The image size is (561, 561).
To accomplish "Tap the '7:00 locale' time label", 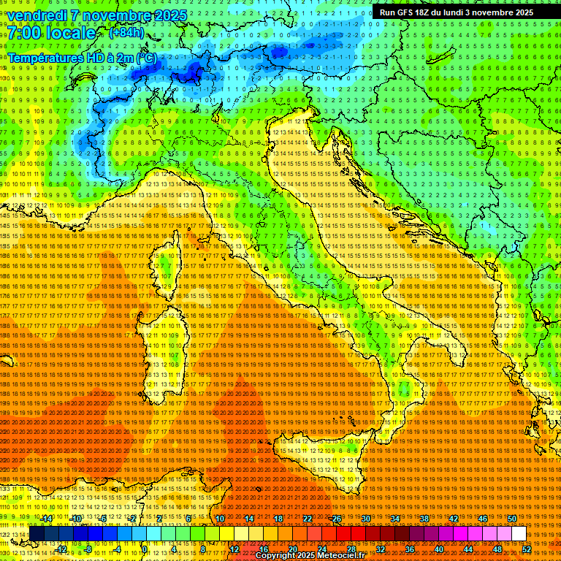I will click(x=51, y=33).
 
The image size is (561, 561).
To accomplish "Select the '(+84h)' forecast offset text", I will click(x=126, y=33).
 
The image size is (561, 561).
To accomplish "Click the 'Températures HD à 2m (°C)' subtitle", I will click(x=83, y=57).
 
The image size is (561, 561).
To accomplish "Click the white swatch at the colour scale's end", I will click(x=519, y=534).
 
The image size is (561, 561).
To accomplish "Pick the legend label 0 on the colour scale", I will click(x=145, y=549).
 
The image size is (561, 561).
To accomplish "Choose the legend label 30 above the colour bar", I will click(x=366, y=519).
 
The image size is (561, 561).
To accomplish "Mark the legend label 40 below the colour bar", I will click(x=438, y=549).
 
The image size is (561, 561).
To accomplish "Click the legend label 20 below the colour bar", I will click(x=292, y=549).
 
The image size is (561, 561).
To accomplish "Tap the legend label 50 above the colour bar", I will click(x=511, y=519).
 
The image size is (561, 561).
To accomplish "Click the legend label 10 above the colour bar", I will click(x=220, y=519).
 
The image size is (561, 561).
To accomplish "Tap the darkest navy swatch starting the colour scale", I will click(x=35, y=534).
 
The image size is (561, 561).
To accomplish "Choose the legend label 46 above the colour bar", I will click(x=482, y=519).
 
